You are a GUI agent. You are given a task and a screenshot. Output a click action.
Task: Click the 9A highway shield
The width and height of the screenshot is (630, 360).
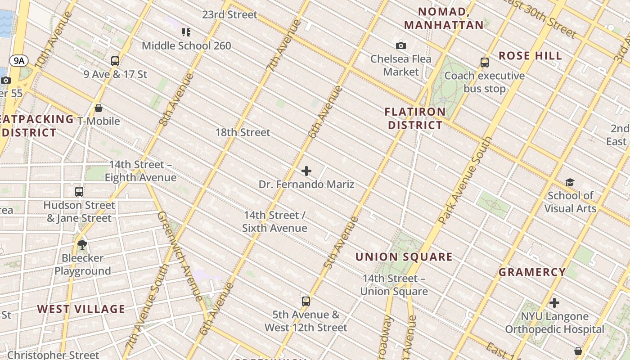point(18,61)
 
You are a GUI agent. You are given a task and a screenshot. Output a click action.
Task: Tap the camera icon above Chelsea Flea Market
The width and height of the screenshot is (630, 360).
point(401,45)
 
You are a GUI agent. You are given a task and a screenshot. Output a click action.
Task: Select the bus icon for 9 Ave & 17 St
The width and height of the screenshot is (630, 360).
point(115,61)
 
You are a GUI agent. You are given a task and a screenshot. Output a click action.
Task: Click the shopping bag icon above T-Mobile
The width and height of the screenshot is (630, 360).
point(99,108)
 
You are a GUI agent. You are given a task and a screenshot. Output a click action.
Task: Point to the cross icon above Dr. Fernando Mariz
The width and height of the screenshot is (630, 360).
point(306,171)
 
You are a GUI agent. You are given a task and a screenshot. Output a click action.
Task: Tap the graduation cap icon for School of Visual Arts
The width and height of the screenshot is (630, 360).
point(570,182)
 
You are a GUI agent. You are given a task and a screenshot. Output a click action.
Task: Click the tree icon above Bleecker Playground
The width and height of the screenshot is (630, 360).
point(82,245)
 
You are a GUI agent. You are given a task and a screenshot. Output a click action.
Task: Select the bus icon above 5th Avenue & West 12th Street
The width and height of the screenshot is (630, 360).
point(306,301)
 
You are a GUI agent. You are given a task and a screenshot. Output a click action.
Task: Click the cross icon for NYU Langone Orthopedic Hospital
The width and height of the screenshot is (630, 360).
point(554,303)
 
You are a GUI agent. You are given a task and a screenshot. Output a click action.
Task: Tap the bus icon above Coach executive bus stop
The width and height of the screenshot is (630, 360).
point(485,63)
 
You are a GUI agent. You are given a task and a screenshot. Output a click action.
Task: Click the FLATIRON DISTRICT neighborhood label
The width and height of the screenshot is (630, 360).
point(415,118)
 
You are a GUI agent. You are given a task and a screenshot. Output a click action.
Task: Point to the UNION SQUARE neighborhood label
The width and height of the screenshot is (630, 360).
point(404,257)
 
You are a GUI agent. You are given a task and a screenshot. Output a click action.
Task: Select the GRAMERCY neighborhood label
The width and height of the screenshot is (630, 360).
point(532,272)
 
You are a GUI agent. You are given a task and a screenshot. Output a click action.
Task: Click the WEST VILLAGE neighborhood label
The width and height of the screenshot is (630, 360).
point(81,309)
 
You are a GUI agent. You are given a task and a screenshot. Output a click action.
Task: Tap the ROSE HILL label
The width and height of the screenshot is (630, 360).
point(531,56)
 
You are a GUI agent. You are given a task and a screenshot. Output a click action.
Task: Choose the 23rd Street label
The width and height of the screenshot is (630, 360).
point(229,14)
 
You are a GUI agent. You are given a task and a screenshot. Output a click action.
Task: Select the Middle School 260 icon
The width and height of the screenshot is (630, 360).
point(186,32)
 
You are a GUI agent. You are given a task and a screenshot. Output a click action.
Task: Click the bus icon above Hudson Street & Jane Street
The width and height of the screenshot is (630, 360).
point(79,192)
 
